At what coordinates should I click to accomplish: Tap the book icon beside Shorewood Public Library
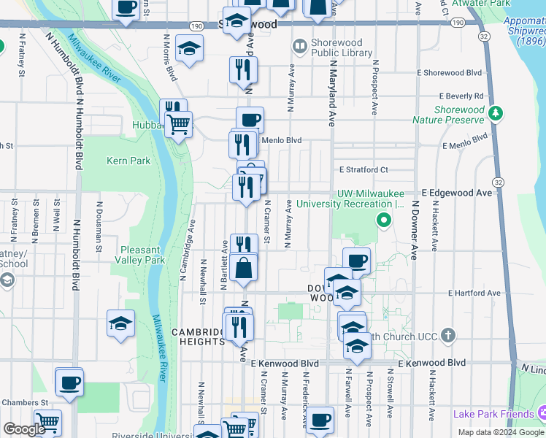coord(299,47)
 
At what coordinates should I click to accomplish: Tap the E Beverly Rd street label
coord(461,96)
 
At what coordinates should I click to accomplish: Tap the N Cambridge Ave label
coord(188,248)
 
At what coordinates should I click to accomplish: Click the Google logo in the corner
coord(24,429)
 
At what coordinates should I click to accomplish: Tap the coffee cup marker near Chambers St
coord(69,383)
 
